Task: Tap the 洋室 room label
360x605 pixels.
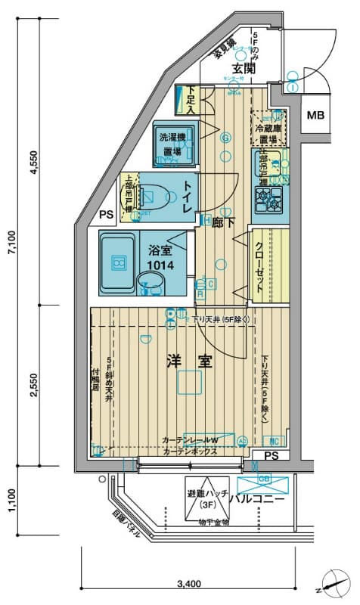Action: [189, 361]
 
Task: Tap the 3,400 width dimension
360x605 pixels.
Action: [188, 583]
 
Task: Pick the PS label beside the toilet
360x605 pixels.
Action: [107, 215]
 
